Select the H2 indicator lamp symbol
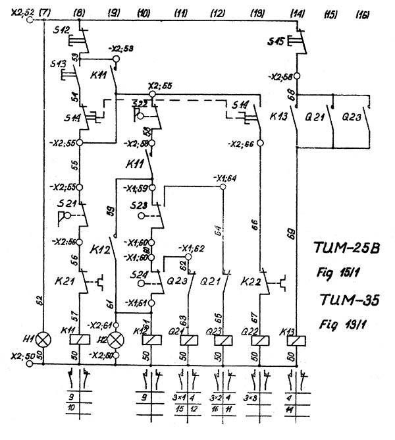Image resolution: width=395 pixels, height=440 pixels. tap(116, 341)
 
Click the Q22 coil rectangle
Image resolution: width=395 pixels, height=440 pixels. tap(260, 341)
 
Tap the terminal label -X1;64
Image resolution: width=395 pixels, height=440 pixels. tap(225, 178)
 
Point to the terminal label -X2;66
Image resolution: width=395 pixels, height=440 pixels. tap(242, 144)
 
